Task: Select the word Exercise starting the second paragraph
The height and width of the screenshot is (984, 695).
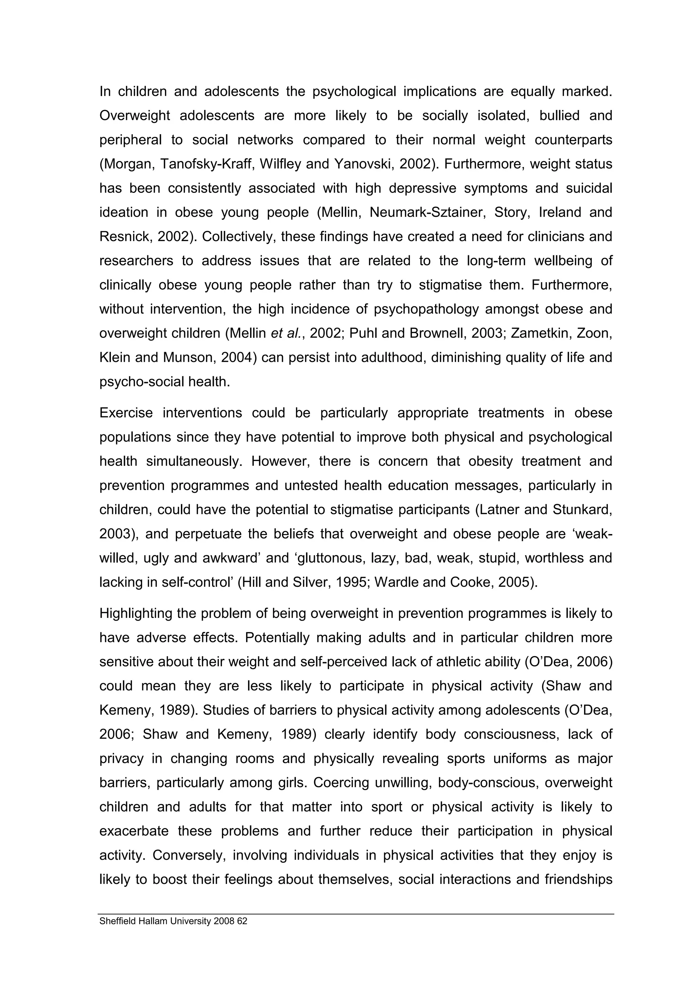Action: [x=126, y=413]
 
